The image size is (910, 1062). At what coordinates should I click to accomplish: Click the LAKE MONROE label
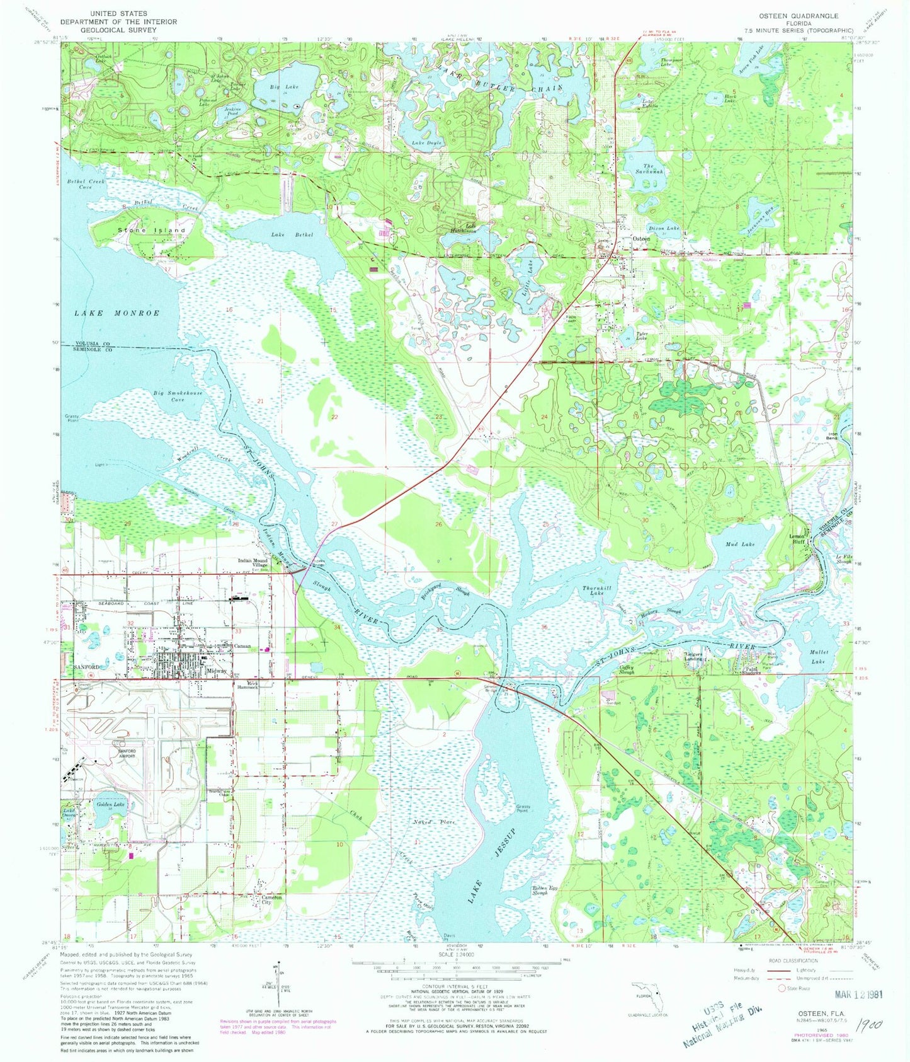coord(117,313)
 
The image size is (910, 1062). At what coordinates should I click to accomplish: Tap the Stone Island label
coord(152,231)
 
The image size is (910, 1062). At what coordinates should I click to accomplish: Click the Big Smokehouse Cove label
coord(178,396)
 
